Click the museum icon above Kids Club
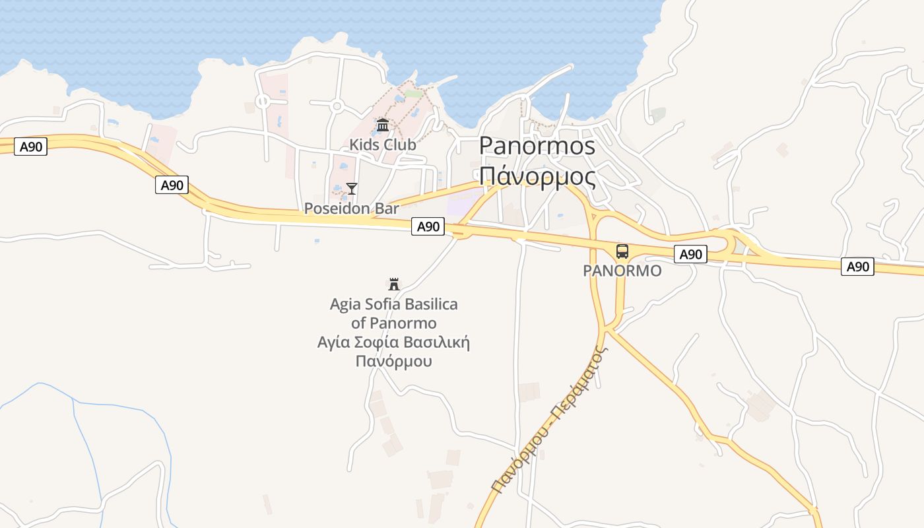tap(383, 125)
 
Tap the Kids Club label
tap(383, 144)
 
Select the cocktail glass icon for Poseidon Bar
tap(352, 189)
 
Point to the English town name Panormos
tap(537, 146)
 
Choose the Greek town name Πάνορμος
tap(537, 177)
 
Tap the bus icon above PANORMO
tap(622, 251)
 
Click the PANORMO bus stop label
tap(622, 271)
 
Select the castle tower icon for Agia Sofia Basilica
tap(394, 284)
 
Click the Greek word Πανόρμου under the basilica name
tap(394, 361)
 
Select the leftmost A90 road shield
tap(30, 147)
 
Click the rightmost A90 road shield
tap(857, 267)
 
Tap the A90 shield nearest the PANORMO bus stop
tap(690, 254)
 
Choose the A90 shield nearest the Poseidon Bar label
tap(428, 226)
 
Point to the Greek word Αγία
tap(334, 343)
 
